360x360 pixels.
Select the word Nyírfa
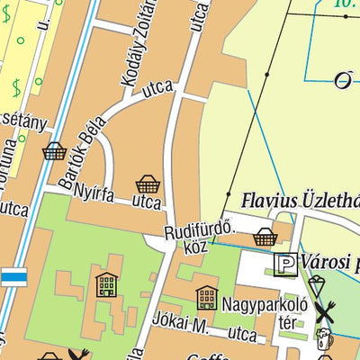[96, 191]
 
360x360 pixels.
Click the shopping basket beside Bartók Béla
[54, 150]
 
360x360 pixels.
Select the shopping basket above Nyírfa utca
[148, 184]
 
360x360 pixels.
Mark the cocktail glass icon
[316, 285]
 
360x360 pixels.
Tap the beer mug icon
[323, 342]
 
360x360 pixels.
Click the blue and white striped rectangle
[13, 276]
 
